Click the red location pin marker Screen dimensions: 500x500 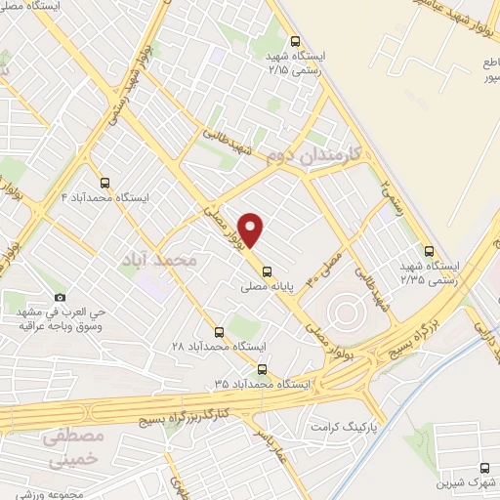click(252, 229)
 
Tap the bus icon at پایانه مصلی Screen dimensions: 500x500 click(269, 273)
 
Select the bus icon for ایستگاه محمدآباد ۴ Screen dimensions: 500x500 click(104, 182)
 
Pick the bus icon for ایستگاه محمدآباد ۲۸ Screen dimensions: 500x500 click(219, 332)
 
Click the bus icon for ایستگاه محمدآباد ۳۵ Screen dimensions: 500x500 click(261, 369)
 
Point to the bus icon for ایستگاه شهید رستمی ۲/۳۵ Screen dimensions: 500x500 click(431, 250)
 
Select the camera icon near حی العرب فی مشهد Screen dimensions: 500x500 click(61, 298)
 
